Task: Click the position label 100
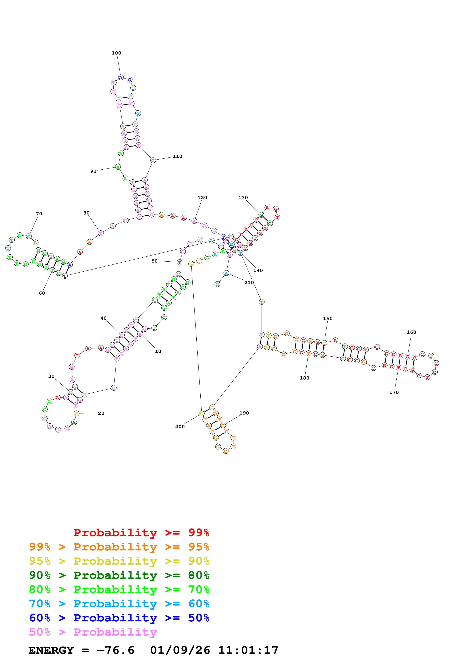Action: coord(116,53)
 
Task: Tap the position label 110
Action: coord(177,157)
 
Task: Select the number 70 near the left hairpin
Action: coord(39,214)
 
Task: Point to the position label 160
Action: coord(411,332)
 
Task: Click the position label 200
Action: coord(180,427)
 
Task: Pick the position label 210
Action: coord(249,283)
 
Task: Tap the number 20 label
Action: coord(101,413)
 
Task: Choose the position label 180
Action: coord(304,378)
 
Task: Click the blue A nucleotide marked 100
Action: coord(121,77)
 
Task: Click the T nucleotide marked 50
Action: coord(180,262)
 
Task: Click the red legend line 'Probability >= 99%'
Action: coord(141,533)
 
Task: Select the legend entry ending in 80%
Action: coord(119,575)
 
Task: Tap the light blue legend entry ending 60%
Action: coord(119,604)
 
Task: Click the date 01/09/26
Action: coord(180,650)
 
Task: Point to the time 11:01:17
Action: coord(248,650)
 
